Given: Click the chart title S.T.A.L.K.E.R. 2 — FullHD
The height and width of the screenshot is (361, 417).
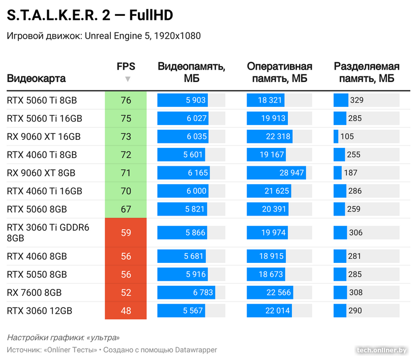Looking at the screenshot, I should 90,16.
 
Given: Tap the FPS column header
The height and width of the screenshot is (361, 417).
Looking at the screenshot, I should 126,67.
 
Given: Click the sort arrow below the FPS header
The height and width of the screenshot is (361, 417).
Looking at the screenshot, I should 128,79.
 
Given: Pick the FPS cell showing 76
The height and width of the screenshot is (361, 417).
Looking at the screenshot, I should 126,100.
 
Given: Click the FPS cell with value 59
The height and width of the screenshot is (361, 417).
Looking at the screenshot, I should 126,233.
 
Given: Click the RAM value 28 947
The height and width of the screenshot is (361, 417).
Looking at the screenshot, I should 291,173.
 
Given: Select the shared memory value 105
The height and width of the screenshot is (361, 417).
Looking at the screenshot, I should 347,137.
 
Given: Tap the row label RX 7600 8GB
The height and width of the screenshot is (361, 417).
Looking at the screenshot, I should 34,292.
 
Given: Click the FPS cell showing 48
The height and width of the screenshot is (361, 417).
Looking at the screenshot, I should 126,311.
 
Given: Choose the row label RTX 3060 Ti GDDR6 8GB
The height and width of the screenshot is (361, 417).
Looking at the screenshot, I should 48,233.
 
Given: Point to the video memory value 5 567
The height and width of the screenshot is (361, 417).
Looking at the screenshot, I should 192,311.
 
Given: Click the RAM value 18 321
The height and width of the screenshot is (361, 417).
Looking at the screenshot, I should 270,100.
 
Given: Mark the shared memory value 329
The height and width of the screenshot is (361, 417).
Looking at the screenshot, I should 356,100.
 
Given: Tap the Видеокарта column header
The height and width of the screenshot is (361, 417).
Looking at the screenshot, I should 36,79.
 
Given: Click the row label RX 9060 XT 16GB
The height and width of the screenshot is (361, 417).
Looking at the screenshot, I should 44,137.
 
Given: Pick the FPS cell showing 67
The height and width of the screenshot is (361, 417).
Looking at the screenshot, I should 126,209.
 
